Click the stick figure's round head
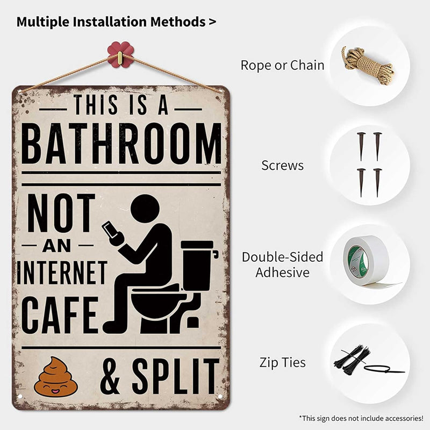point(145,209)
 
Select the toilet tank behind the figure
point(197,263)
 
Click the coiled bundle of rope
point(367,64)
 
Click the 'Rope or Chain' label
point(282,66)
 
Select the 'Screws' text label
point(282,165)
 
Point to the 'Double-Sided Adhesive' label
point(282,264)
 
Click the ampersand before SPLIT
point(110,377)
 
